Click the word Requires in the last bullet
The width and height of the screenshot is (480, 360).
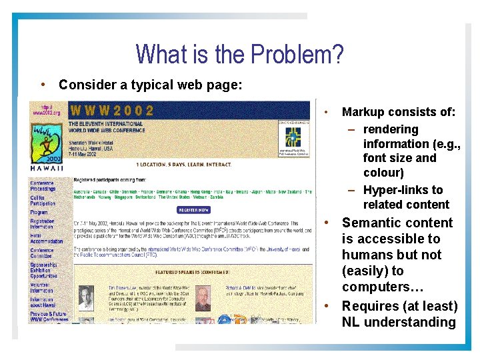(371, 306)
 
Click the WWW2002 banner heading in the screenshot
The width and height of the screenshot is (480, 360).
(112, 111)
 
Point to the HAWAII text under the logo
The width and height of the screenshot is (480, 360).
(47, 169)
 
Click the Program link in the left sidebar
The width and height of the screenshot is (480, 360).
(39, 213)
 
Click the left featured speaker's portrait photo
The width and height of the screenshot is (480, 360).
(85, 296)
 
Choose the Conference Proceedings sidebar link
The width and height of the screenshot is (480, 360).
(43, 186)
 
